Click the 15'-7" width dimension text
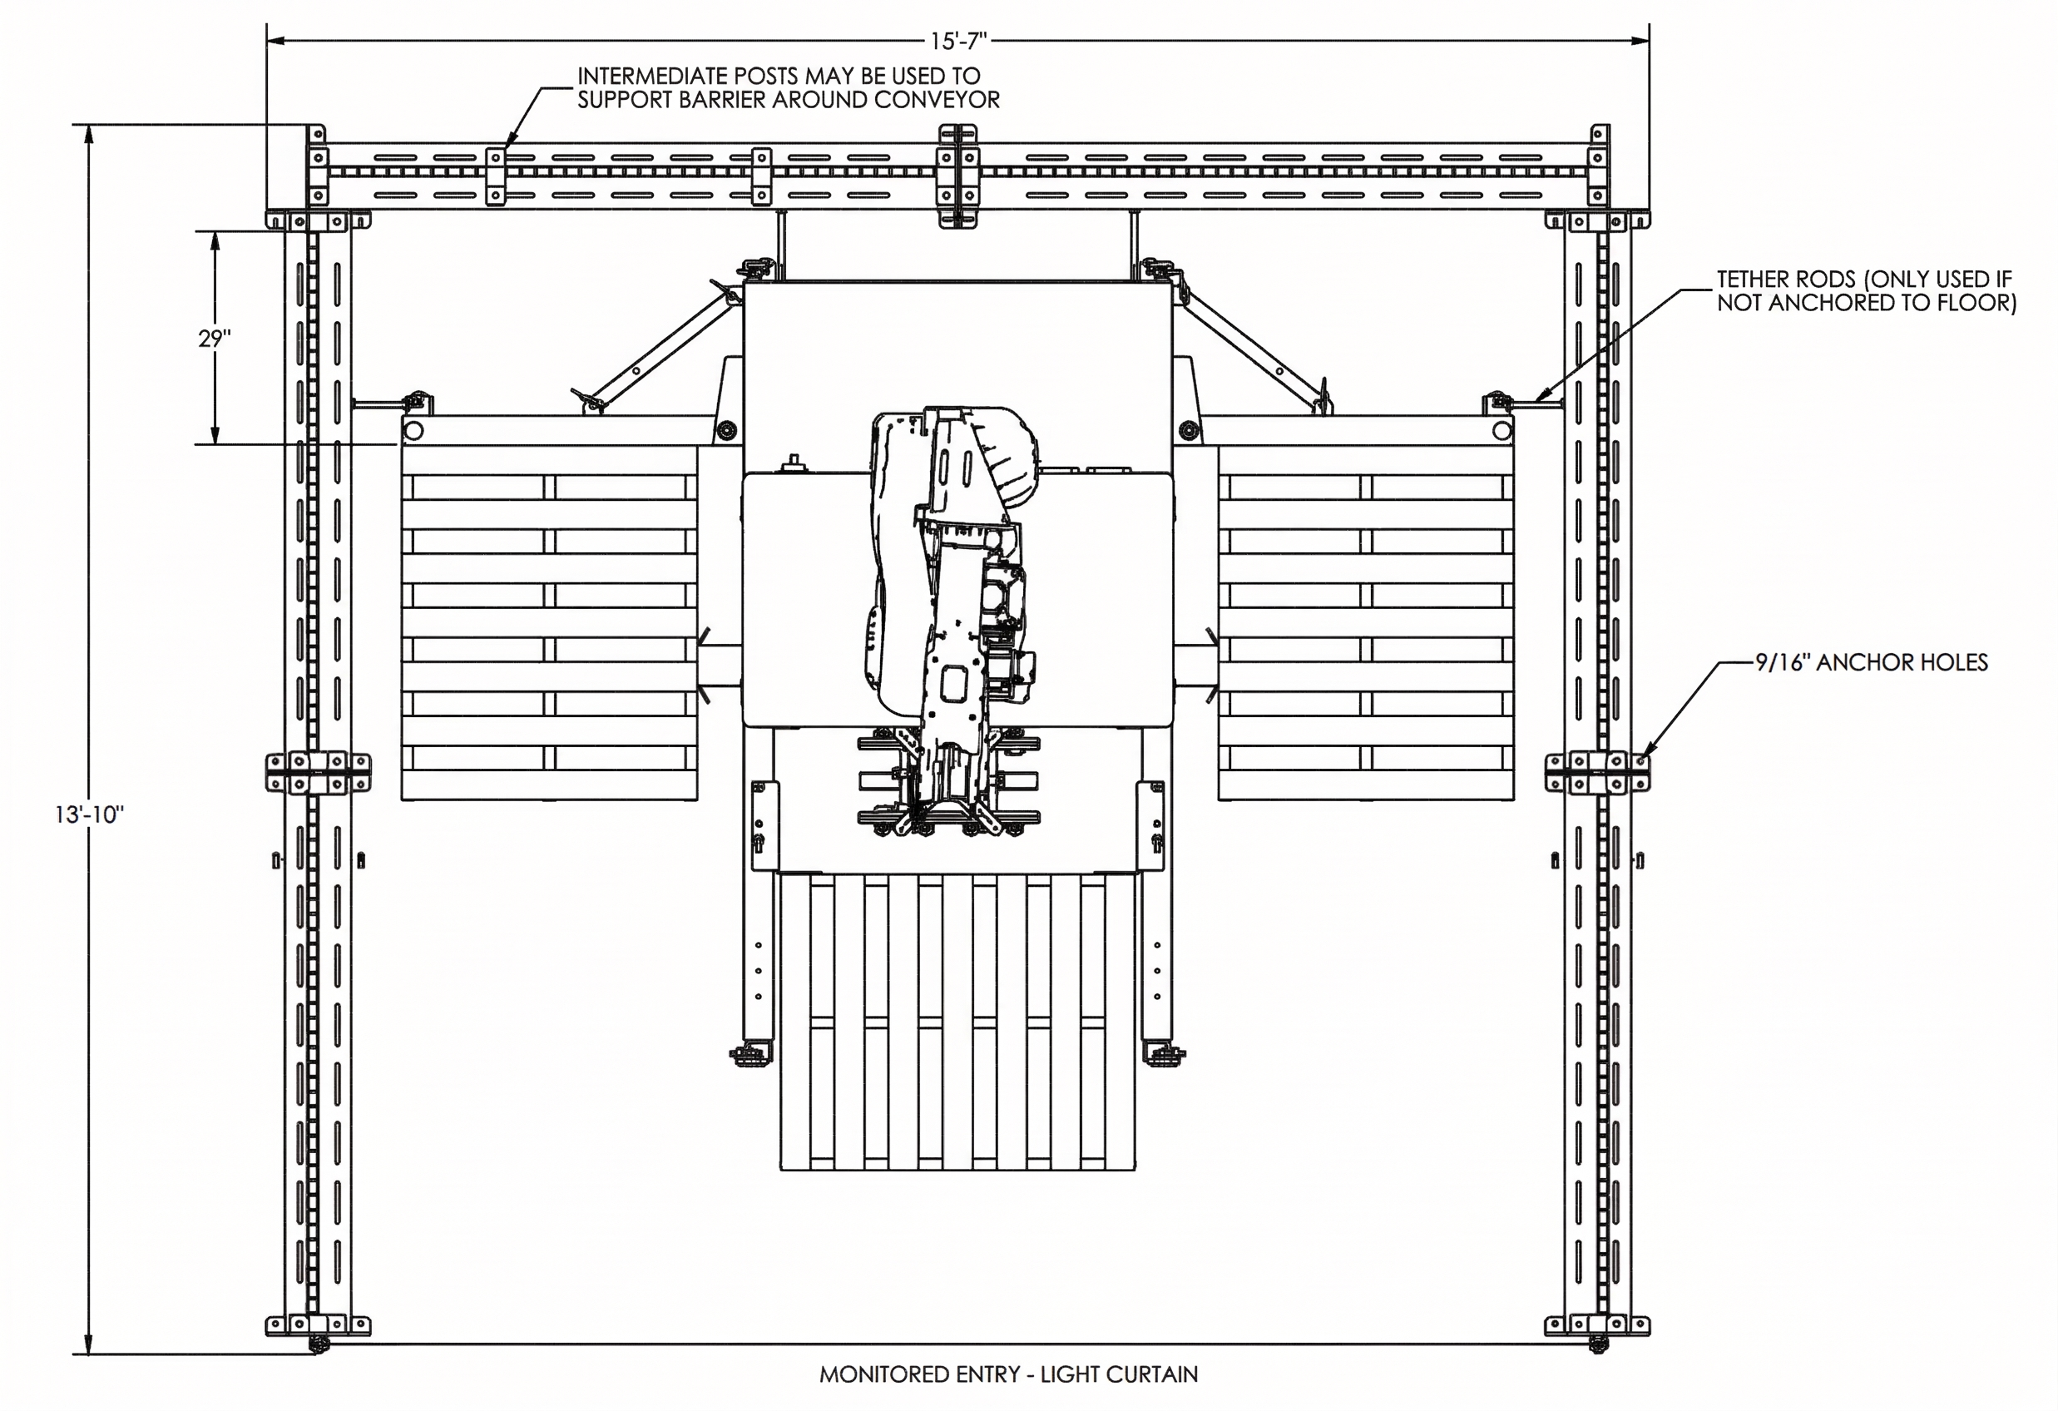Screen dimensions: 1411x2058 [x=958, y=41]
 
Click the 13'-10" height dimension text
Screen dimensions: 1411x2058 [x=88, y=814]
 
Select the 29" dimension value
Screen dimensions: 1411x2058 [x=215, y=339]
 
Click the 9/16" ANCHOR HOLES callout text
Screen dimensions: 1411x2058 [x=1871, y=662]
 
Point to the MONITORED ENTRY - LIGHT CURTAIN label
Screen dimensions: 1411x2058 [x=1007, y=1374]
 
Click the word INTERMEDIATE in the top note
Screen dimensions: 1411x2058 [x=654, y=77]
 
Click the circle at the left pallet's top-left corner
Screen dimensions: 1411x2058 [x=412, y=431]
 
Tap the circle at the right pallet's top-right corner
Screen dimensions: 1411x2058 [x=1501, y=431]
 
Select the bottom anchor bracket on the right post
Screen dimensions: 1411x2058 [x=1597, y=1325]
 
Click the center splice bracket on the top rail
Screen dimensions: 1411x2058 [x=958, y=176]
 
